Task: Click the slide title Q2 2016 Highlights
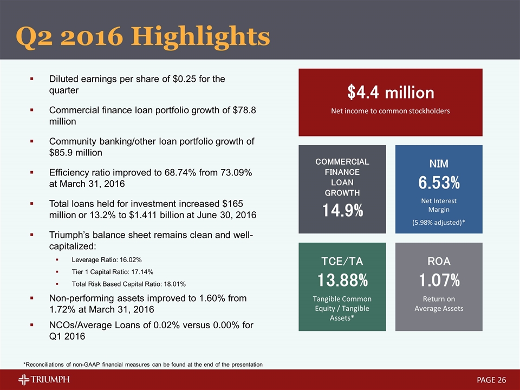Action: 143,36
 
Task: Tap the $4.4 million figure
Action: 391,93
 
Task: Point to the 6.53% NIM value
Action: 439,183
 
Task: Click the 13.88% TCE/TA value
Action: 342,281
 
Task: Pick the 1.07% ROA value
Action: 439,281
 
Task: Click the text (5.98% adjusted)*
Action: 439,223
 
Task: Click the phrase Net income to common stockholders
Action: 391,111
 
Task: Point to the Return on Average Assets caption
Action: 439,303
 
